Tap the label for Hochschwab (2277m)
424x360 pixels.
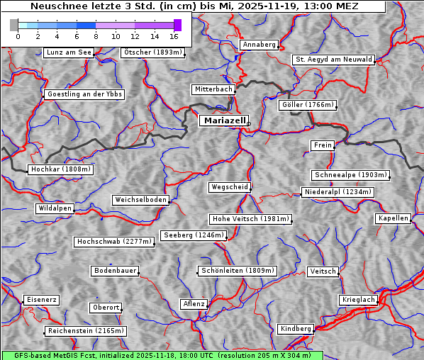coord(114,242)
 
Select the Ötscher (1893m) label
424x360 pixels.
coord(152,52)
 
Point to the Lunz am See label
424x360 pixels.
coord(69,52)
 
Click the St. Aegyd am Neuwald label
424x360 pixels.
coord(333,60)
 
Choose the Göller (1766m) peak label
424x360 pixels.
coord(307,105)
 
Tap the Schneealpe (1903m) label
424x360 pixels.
coord(350,175)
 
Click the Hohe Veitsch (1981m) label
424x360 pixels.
coord(250,219)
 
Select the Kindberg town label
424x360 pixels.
coord(296,329)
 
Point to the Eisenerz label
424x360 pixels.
coord(41,300)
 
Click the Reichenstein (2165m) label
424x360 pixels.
coord(86,331)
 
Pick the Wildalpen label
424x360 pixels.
coord(55,208)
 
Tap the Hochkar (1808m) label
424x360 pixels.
coord(61,169)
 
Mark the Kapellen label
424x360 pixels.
coord(393,218)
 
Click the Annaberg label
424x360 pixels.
coord(259,45)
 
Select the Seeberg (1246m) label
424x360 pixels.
coord(193,235)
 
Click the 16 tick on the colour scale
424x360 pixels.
coord(174,36)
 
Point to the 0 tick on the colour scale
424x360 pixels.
coord(18,36)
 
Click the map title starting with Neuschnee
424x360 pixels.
coord(194,6)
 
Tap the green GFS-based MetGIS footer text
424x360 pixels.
coord(162,355)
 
